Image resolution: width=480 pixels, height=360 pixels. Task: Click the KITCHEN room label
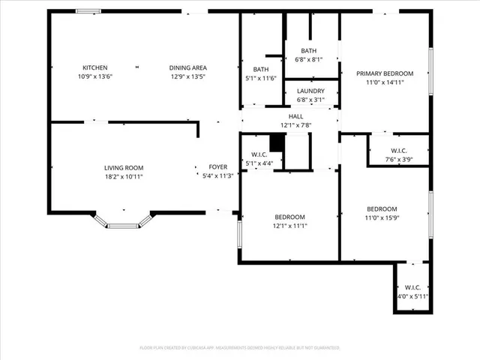[x=94, y=67]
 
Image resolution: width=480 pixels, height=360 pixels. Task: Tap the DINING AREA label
[x=187, y=67]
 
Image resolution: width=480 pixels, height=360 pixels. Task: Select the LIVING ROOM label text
[x=124, y=167]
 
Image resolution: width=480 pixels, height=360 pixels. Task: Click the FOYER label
[x=218, y=167]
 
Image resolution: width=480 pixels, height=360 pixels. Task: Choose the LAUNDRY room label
[x=310, y=90]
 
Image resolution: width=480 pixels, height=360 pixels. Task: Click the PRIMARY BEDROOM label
[x=385, y=73]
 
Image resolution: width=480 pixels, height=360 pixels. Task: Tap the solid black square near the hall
[x=277, y=142]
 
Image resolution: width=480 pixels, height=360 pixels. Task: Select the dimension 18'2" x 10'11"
[x=124, y=176]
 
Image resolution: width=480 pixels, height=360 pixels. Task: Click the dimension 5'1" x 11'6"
[x=260, y=78]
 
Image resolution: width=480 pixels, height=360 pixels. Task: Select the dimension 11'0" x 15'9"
[x=382, y=217]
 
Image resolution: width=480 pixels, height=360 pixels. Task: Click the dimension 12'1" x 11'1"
[x=289, y=225]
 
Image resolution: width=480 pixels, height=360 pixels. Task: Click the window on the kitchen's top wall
[x=88, y=10]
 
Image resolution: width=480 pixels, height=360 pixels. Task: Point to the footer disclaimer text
[x=240, y=348]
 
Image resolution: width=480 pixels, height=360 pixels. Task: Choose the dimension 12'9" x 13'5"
[x=187, y=76]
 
